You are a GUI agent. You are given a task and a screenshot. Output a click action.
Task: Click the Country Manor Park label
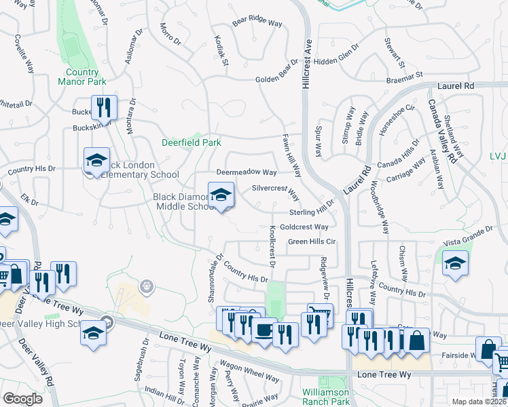click(87, 77)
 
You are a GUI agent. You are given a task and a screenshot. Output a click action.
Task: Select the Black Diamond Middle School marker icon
click(221, 196)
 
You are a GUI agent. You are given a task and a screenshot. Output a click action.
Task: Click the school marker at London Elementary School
click(96, 161)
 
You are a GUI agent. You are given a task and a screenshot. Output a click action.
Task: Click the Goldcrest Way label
click(304, 227)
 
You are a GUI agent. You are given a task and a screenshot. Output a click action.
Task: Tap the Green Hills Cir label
click(312, 241)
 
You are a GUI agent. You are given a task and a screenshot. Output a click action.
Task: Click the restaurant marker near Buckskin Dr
click(104, 108)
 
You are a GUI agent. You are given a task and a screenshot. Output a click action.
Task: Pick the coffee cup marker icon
click(264, 330)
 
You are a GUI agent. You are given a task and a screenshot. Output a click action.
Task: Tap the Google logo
click(22, 398)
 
